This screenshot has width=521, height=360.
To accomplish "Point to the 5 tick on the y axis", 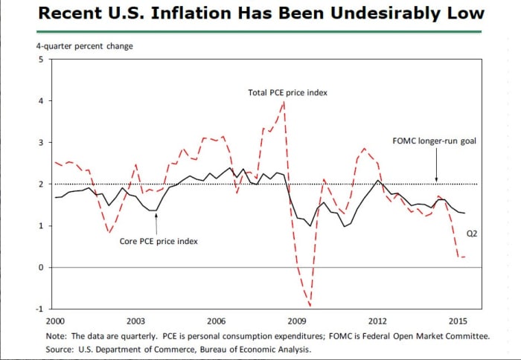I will (42, 60).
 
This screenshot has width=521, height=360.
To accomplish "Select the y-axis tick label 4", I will (42, 101).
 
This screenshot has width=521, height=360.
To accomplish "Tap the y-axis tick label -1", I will (40, 309).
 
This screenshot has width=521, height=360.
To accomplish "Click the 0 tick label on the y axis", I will (42, 268).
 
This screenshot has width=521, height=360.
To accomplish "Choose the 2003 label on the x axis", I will (135, 321).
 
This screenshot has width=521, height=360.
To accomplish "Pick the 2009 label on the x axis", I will (296, 321).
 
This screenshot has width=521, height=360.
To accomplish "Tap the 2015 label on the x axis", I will (458, 321).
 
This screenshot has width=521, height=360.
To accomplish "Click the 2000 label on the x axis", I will (54, 321).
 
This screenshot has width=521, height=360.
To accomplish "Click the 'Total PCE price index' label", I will (287, 93).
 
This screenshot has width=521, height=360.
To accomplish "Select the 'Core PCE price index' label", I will (159, 241).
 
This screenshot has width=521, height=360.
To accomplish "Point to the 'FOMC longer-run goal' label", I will (433, 141).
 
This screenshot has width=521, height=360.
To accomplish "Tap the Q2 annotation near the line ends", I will (471, 233).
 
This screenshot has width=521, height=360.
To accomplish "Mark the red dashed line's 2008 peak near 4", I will (284, 102).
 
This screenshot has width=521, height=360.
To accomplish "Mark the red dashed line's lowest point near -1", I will (310, 306).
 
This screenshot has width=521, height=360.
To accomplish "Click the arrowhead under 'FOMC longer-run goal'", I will (436, 180).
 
